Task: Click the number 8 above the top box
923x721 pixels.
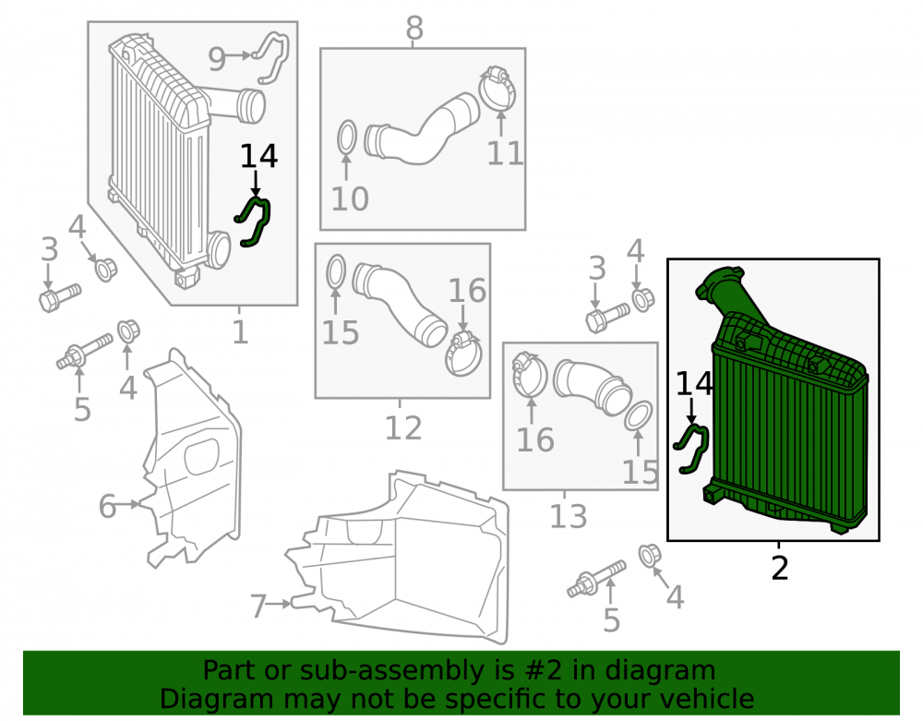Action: [x=414, y=28]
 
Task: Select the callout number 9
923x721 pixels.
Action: [x=217, y=59]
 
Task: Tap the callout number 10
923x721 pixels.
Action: [x=350, y=198]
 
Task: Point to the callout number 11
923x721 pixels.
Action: [x=505, y=153]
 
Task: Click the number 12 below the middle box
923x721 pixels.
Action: [x=403, y=427]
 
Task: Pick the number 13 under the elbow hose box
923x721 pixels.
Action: [x=568, y=516]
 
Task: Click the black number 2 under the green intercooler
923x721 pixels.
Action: [x=779, y=568]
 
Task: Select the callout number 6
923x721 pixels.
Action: [x=107, y=506]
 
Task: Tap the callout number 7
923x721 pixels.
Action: [x=258, y=607]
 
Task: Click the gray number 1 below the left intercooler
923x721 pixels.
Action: [x=240, y=332]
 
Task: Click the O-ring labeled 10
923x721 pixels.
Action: [x=347, y=138]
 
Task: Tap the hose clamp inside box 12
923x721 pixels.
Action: [x=463, y=354]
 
